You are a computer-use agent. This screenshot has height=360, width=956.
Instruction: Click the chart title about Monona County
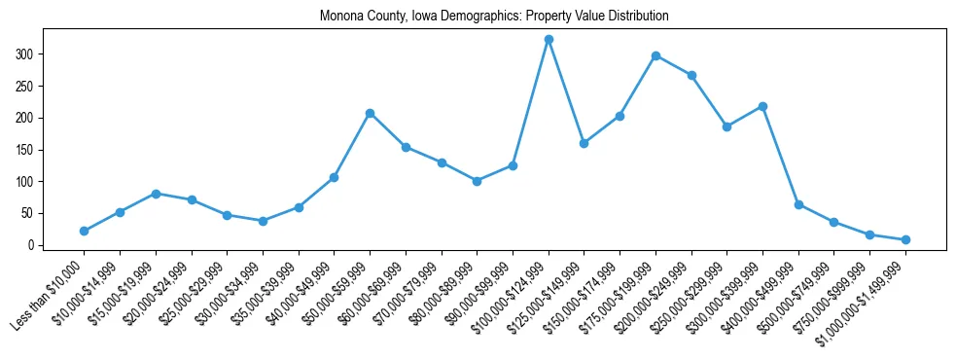pyautogui.click(x=494, y=17)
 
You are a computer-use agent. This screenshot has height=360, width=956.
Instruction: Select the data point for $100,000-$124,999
pyautogui.click(x=549, y=40)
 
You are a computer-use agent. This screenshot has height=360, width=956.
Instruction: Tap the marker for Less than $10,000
pyautogui.click(x=85, y=231)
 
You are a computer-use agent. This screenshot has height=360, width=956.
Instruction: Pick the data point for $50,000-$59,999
pyautogui.click(x=370, y=114)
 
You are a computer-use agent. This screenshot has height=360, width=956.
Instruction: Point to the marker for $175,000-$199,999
pyautogui.click(x=655, y=55)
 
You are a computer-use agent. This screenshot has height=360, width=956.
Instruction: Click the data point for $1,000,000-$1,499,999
pyautogui.click(x=905, y=239)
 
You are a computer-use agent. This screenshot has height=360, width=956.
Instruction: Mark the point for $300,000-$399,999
pyautogui.click(x=762, y=106)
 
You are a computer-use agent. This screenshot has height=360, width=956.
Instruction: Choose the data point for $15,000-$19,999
pyautogui.click(x=156, y=194)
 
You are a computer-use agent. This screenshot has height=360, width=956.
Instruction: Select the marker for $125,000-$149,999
pyautogui.click(x=584, y=143)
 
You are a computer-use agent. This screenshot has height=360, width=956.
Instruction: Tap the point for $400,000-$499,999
pyautogui.click(x=798, y=204)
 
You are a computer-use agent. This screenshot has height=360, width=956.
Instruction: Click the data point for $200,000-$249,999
pyautogui.click(x=691, y=75)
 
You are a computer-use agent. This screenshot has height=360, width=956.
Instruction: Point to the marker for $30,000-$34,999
pyautogui.click(x=263, y=221)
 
